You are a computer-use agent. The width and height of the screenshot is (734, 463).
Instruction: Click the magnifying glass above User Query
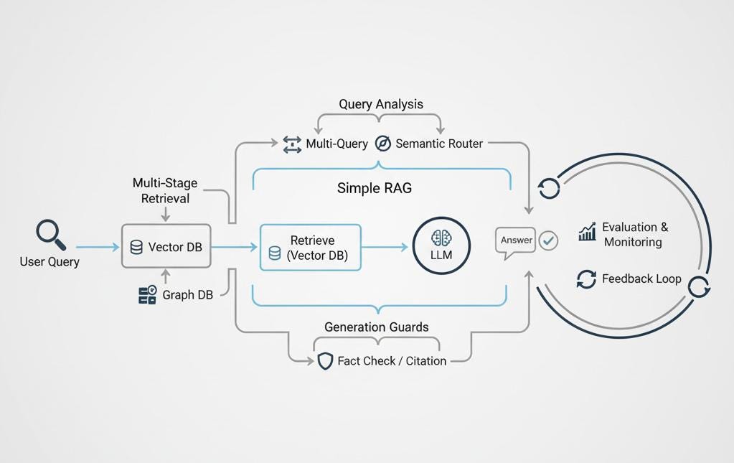tap(50, 235)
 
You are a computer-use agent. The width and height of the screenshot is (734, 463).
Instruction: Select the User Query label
tap(50, 262)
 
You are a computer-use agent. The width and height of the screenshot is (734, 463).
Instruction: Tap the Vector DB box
tap(166, 247)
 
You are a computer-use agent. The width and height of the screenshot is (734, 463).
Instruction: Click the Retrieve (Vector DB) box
tap(311, 248)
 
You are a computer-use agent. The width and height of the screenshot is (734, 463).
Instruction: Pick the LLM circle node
tap(441, 246)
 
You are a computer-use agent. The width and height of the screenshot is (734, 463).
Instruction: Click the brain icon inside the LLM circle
tap(441, 238)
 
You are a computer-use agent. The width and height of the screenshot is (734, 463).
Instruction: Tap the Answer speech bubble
tap(515, 241)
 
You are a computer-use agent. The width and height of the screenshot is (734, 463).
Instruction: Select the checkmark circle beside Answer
tap(548, 240)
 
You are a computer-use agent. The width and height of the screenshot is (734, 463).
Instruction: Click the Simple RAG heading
tap(375, 189)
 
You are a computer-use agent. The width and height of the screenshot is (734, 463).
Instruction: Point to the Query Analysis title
tap(381, 104)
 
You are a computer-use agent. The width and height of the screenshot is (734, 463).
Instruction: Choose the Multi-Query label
tap(337, 144)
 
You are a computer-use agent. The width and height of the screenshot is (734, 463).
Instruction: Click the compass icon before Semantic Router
tap(383, 144)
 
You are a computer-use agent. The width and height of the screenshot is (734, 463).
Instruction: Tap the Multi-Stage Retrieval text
tap(165, 190)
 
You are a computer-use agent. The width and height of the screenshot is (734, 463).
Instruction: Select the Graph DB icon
tap(147, 294)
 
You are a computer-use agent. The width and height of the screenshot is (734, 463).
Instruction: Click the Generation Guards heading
tap(377, 327)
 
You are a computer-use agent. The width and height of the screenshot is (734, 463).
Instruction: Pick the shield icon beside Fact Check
tap(325, 361)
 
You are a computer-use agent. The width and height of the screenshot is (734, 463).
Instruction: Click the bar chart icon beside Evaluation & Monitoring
tap(587, 232)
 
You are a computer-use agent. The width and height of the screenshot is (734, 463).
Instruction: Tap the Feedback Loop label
tap(641, 279)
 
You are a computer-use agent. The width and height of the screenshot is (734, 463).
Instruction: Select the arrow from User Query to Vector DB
tap(97, 247)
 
